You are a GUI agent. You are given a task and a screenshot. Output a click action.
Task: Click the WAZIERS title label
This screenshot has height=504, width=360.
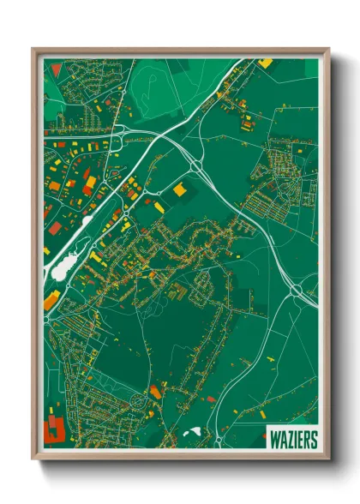point(291,440)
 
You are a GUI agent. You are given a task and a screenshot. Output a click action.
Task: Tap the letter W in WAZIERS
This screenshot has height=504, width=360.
point(273,440)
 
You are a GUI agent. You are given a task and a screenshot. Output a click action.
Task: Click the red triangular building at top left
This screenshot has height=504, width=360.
point(57,69)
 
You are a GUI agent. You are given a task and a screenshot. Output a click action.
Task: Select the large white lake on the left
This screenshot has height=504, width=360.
point(61,269)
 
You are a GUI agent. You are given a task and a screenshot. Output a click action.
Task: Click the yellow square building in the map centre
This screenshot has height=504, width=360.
point(180,189)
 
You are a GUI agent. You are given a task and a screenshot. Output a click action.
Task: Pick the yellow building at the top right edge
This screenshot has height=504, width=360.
point(266,63)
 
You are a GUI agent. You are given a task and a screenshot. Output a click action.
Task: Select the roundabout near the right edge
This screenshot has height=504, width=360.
point(296,291)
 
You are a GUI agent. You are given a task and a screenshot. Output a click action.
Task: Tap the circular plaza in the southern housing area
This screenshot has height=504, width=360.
point(141,399)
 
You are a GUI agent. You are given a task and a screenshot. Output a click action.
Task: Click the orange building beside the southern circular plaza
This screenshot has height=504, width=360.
point(155,392)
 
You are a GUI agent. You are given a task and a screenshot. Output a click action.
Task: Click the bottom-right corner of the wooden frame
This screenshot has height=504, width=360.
point(330,463)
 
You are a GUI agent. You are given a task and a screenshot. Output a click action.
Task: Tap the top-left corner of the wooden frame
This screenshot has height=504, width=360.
point(32,48)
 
